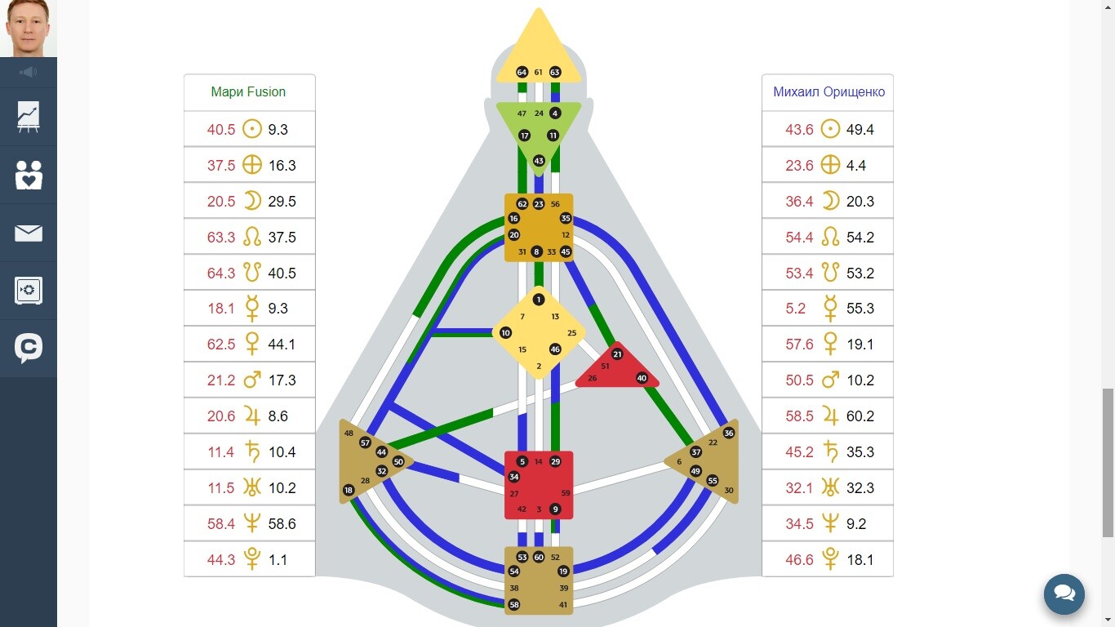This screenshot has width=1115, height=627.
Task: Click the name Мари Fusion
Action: [x=248, y=92]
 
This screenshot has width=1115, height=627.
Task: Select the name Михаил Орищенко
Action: [x=828, y=92]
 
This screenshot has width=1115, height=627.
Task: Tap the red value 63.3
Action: [x=221, y=237]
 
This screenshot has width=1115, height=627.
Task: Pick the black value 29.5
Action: [x=282, y=201]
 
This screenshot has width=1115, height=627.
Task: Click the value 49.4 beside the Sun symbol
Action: [x=860, y=129]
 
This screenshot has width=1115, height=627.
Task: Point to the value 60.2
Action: [x=860, y=416]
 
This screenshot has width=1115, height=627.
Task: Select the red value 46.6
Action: [x=799, y=559]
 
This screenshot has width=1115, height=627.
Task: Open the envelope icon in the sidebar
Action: [x=29, y=233]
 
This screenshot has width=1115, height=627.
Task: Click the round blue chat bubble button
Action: [x=1064, y=594]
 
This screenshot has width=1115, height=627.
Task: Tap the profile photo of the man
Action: [x=28, y=28]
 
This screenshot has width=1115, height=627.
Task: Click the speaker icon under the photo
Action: [x=29, y=73]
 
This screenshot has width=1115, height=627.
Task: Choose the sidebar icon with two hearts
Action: [x=29, y=176]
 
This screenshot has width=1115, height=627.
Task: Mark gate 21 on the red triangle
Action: [x=617, y=354]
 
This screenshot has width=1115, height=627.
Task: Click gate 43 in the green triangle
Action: [x=539, y=161]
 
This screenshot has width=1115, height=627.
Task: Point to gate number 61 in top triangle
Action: [x=539, y=73]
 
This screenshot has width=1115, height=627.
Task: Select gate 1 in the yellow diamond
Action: [x=539, y=300]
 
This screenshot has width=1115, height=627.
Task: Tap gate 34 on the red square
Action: [x=514, y=477]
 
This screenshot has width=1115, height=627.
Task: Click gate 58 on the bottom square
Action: [x=514, y=605]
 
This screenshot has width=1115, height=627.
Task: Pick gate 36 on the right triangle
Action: [x=729, y=434]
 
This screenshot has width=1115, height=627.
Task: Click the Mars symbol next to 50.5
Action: [x=829, y=380]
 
